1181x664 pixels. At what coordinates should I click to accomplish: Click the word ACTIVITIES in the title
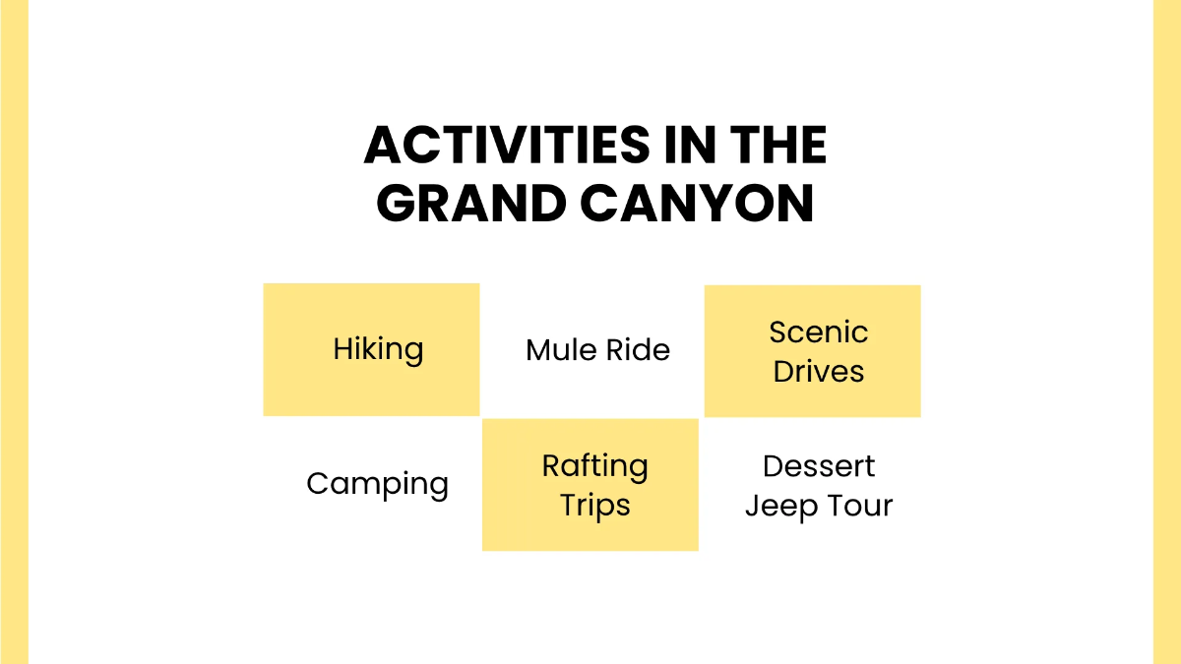click(x=507, y=145)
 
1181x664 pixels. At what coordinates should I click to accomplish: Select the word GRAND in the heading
click(x=471, y=204)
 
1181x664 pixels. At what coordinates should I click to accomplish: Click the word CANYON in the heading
click(x=697, y=204)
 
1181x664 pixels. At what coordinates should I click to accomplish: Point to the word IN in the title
click(x=690, y=145)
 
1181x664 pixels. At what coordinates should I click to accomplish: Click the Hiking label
click(x=378, y=350)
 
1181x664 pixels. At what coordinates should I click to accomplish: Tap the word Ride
click(x=638, y=350)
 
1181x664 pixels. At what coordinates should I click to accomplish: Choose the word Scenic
click(x=818, y=332)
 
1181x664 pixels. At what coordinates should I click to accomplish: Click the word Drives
click(x=818, y=371)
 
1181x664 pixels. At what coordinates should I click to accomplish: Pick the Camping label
click(x=378, y=484)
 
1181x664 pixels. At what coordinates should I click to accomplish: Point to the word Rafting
click(x=595, y=466)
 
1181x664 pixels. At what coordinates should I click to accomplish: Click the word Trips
click(x=595, y=506)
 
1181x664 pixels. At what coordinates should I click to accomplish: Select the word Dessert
click(x=819, y=466)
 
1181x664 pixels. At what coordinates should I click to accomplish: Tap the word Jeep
click(x=781, y=507)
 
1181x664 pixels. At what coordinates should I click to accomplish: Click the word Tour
click(x=860, y=506)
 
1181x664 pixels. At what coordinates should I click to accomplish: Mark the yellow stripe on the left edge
click(x=14, y=332)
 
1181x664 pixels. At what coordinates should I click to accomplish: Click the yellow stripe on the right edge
click(x=1167, y=332)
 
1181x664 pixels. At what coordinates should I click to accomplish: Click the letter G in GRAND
click(x=395, y=204)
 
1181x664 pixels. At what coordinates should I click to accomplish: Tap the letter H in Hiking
click(x=343, y=349)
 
